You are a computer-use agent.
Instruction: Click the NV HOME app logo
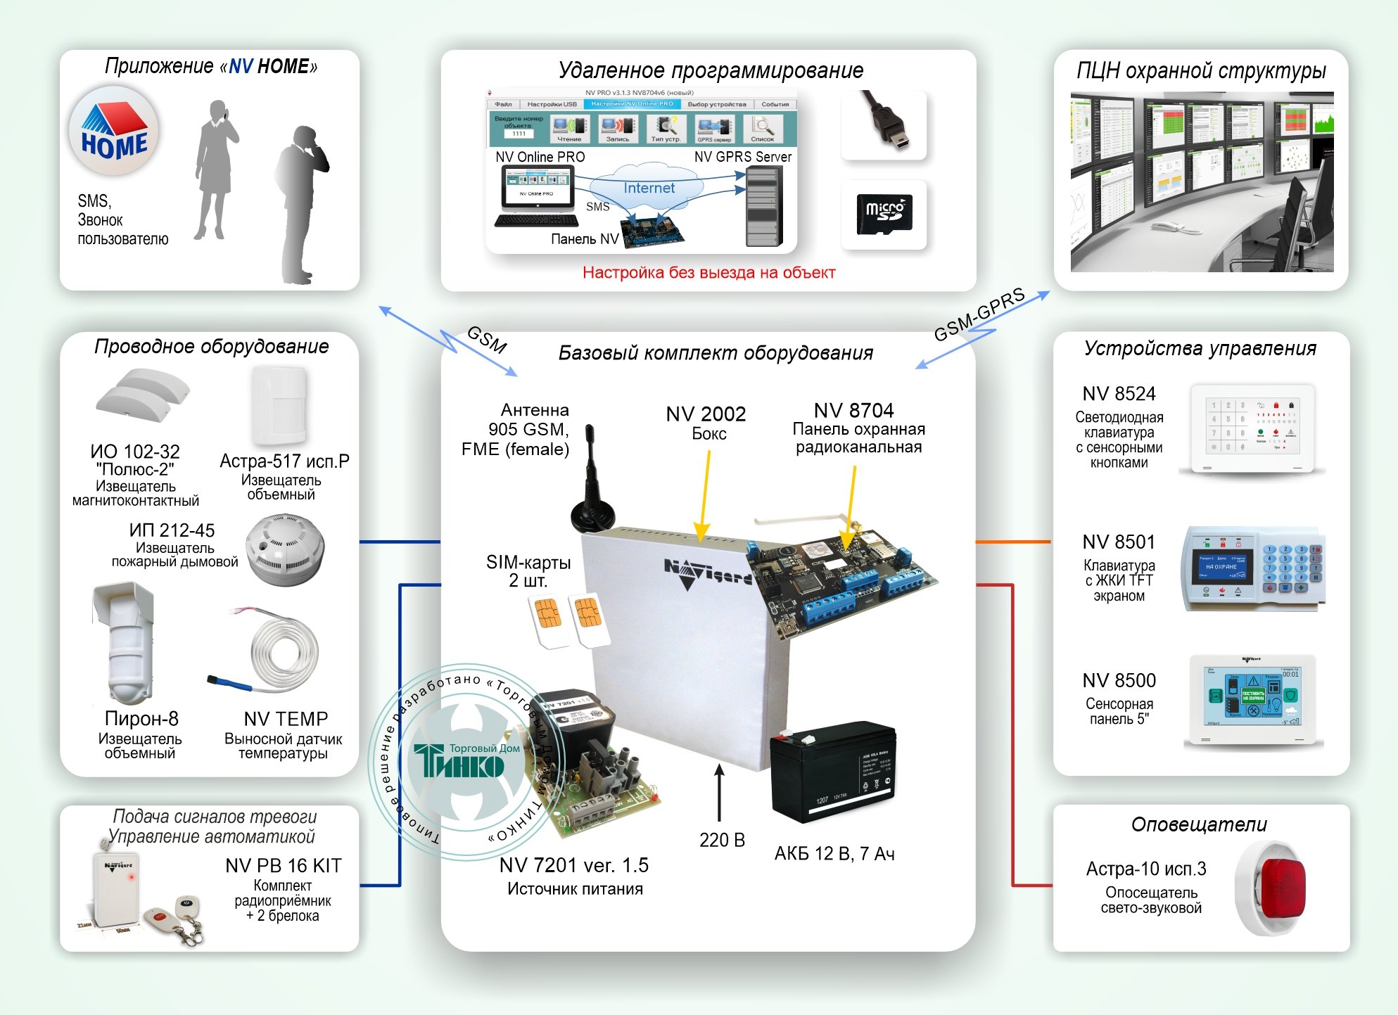(x=114, y=131)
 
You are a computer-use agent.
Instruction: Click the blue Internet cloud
(x=648, y=188)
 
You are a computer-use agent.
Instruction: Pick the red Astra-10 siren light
(x=1283, y=888)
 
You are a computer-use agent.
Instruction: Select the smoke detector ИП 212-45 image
(x=285, y=549)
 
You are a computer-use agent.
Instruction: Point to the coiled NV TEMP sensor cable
(x=284, y=651)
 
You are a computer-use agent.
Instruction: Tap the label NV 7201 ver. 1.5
(x=573, y=865)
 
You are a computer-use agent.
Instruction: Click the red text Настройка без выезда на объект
(x=708, y=273)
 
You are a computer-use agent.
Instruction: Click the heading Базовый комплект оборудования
(x=715, y=353)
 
